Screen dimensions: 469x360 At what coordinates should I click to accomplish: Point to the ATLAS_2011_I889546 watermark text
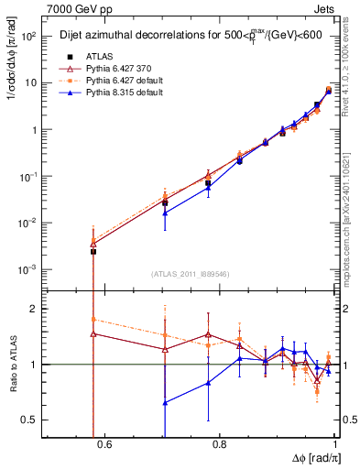click(191, 274)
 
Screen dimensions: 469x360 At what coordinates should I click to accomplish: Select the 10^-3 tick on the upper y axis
click(27, 269)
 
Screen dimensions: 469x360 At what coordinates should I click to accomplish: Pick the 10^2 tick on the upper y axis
click(29, 36)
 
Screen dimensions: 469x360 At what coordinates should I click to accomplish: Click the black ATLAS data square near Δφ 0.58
click(93, 251)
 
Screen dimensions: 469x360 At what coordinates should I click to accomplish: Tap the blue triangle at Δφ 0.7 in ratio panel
click(165, 402)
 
